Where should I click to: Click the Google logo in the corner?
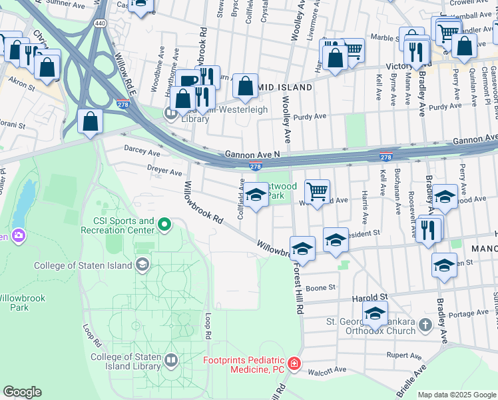[22, 392]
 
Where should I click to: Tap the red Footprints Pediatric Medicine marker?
[294, 365]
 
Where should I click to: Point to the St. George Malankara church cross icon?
[425, 325]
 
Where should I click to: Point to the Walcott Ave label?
[331, 369]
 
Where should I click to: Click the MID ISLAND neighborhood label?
[286, 87]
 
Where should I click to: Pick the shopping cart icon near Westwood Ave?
[318, 191]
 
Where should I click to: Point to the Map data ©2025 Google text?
[457, 394]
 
